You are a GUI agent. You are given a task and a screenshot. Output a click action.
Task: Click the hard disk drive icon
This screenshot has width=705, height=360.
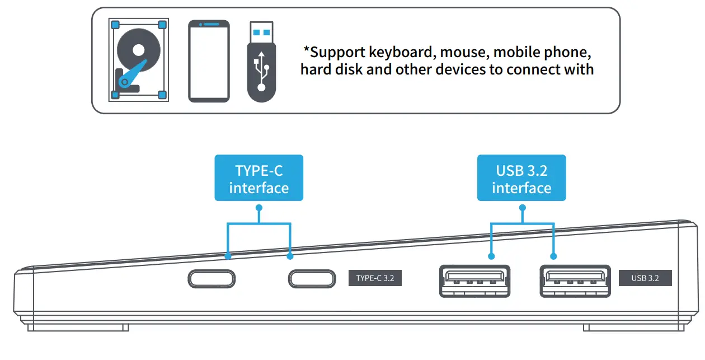click(x=138, y=60)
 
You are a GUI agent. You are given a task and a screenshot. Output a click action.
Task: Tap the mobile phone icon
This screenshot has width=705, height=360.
click(x=209, y=61)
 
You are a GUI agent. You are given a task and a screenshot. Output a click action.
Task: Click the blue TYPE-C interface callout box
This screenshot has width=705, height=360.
click(x=258, y=178)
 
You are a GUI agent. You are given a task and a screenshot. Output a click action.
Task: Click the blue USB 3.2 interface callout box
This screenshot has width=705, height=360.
click(x=521, y=178)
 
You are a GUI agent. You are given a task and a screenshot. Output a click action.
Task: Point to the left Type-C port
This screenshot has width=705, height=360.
click(x=211, y=278)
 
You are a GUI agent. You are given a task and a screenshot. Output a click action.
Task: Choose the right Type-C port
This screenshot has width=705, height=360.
click(x=312, y=278)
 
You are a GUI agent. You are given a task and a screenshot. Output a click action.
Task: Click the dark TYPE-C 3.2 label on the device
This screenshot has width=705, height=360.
click(x=375, y=278)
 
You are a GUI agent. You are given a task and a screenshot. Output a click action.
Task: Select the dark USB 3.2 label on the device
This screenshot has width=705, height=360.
click(x=645, y=278)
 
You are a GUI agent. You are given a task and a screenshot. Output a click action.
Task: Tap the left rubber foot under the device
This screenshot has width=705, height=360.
click(x=78, y=328)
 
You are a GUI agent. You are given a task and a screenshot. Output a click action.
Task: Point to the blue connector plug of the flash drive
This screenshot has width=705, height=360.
click(x=261, y=31)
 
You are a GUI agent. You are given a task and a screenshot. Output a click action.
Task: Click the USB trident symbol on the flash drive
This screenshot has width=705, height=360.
click(x=261, y=71)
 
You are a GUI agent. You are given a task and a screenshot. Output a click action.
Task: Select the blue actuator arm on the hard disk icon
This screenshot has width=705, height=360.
click(x=134, y=73)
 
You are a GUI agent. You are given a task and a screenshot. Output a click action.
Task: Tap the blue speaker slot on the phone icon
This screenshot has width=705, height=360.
click(x=209, y=25)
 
